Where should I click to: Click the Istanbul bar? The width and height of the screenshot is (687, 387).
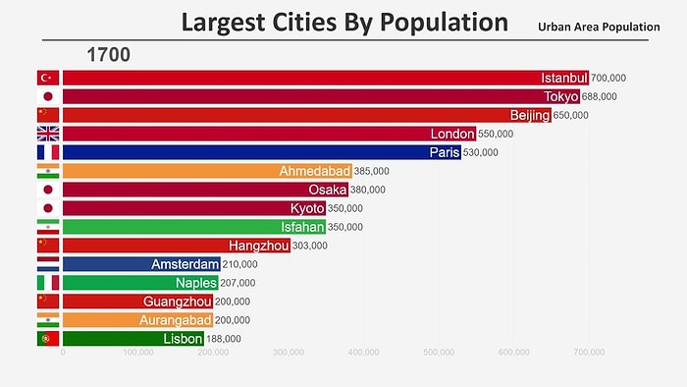tap(324, 78)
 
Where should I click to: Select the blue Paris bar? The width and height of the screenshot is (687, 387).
tap(245, 152)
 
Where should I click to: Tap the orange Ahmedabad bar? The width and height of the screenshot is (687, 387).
tap(206, 171)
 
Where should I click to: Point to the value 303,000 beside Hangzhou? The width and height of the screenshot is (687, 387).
tap(312, 246)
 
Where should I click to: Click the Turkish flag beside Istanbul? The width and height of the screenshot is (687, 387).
tap(47, 78)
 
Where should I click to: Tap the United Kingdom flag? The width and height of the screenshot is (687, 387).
tap(47, 134)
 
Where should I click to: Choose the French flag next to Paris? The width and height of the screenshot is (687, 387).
tap(47, 152)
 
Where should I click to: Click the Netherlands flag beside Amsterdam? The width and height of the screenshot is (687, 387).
tap(47, 264)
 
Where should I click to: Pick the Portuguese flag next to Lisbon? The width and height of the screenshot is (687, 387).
tap(47, 339)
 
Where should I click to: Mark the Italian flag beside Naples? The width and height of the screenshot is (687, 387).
tap(47, 283)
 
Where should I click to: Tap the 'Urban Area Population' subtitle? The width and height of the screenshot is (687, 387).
tap(598, 27)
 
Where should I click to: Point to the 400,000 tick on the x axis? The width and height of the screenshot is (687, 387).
tap(363, 351)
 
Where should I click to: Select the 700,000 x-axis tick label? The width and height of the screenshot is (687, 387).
tap(588, 351)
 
